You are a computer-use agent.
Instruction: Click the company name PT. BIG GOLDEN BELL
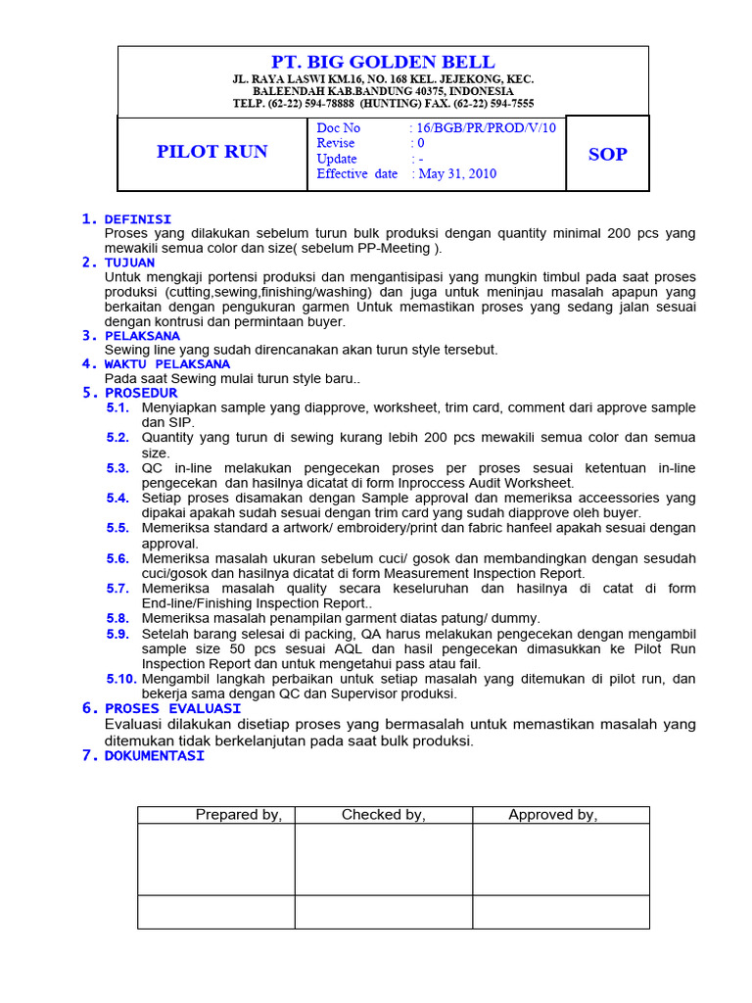pos(383,63)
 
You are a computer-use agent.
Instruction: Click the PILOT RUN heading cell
pos(211,152)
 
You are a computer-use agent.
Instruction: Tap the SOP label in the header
pos(607,154)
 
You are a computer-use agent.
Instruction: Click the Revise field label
pos(336,143)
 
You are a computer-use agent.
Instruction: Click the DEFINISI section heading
pos(138,218)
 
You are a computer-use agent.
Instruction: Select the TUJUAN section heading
pos(129,263)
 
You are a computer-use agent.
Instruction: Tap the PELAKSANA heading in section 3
pos(142,335)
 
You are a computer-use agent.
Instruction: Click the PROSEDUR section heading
pos(141,393)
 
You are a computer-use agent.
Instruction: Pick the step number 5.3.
pos(117,468)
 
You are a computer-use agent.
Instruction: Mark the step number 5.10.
pos(120,679)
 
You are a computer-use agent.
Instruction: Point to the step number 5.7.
pos(117,589)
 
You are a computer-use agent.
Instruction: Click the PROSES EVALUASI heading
pos(172,708)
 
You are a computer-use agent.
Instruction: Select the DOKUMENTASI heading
pos(155,755)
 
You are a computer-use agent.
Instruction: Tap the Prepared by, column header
pos(239,815)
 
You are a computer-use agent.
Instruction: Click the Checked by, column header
pos(383,815)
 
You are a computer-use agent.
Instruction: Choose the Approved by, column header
pos(552,815)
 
